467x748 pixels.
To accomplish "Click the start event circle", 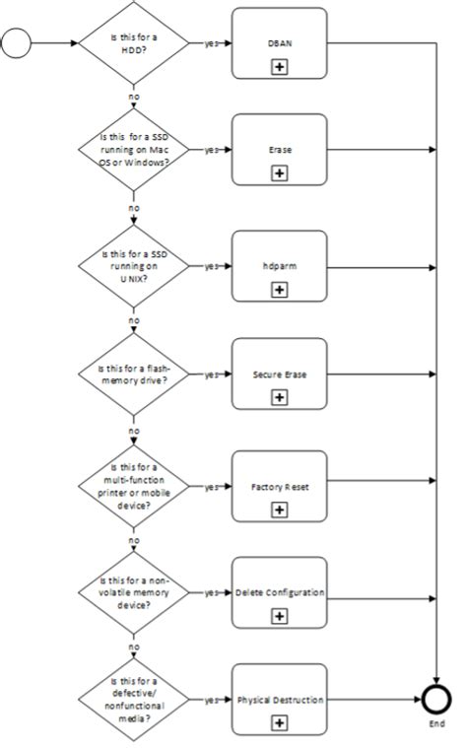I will pos(19,43).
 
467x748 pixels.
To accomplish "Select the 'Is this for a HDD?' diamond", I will pos(133,43).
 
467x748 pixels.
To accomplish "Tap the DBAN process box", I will pos(279,43).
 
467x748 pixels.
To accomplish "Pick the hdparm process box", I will pos(279,266).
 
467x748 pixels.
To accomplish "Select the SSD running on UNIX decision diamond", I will pos(133,265).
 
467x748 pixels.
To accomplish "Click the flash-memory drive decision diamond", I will pos(133,374).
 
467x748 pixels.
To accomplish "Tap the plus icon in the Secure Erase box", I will pos(280,397).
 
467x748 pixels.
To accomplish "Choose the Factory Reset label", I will pos(279,487).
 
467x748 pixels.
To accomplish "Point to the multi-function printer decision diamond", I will pos(133,486).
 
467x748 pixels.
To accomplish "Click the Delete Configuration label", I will pos(279,593).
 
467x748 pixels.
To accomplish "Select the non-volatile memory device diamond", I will pos(133,593).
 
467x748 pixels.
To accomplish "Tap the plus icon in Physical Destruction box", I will pos(280,722).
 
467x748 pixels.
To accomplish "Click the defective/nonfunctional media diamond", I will pos(133,700).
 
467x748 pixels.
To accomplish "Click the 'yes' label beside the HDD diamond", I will pos(211,43).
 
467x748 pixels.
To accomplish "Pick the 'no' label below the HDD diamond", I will pos(133,97).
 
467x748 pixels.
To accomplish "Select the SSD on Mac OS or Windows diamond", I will pos(133,150).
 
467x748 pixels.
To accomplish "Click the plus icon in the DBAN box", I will pos(280,67).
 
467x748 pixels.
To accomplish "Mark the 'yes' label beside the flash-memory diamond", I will pos(211,374).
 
